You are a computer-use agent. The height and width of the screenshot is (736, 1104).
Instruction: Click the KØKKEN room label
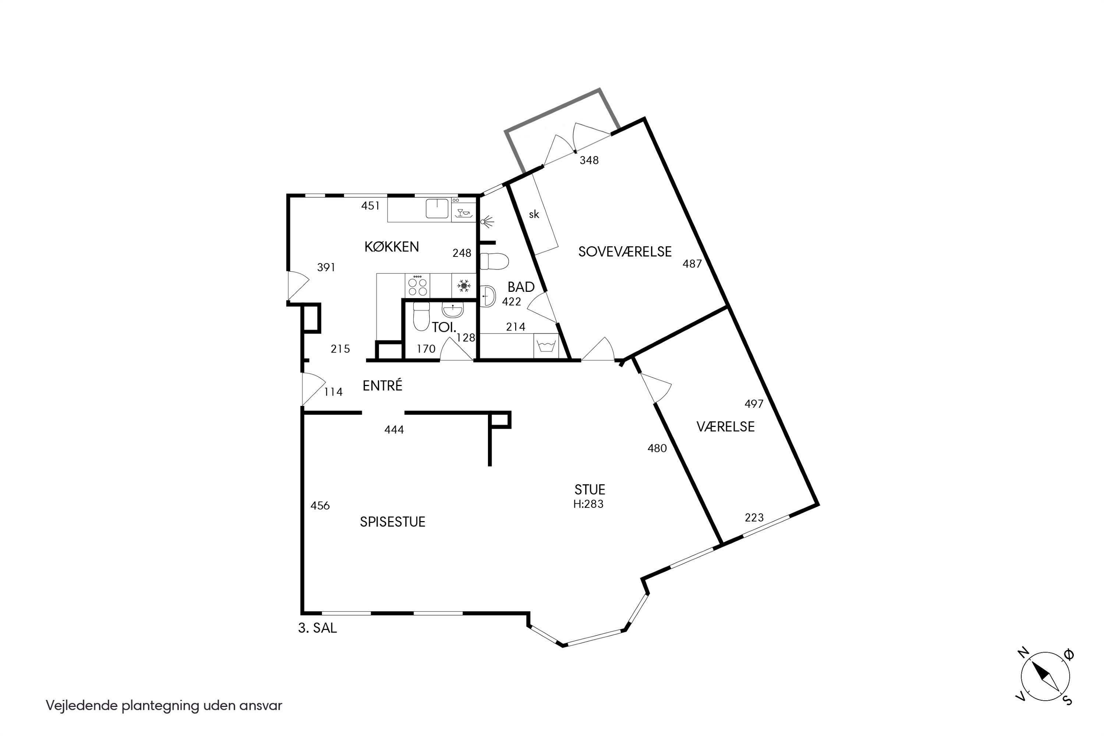coord(392,247)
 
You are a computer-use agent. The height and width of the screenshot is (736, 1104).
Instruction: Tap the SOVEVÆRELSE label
coord(625,252)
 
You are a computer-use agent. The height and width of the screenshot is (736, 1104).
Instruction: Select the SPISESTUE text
coord(392,522)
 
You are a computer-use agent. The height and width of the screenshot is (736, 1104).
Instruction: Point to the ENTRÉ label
coord(383,385)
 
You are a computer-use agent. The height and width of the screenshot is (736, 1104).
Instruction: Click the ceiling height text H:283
coord(588,504)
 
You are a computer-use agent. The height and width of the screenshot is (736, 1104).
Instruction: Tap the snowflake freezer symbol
coord(464,286)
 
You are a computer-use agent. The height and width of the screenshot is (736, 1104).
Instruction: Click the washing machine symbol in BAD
coord(546,346)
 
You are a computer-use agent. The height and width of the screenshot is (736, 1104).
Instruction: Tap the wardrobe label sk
coord(534,215)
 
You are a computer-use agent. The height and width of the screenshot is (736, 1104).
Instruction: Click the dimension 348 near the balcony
coord(589,160)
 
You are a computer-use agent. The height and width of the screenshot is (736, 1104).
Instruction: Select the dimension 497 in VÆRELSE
coord(754,404)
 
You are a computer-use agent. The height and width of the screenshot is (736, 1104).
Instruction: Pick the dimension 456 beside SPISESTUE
coord(320,506)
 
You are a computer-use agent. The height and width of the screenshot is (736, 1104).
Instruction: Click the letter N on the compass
coord(1024,652)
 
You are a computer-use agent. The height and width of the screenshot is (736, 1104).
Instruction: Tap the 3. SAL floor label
coord(317,628)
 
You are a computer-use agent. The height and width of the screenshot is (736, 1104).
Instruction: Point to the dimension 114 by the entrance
coord(333,392)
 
